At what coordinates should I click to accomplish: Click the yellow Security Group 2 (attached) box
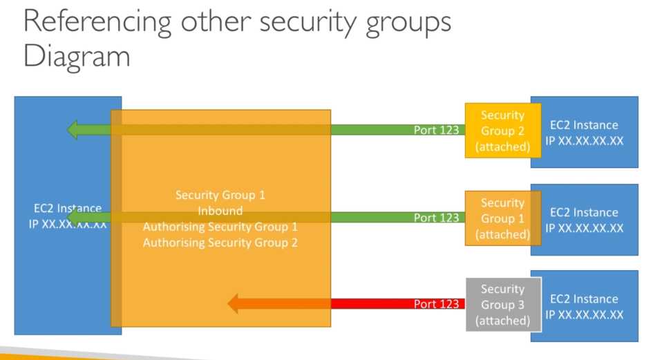pyautogui.click(x=503, y=131)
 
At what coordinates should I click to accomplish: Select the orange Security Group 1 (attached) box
pyautogui.click(x=503, y=218)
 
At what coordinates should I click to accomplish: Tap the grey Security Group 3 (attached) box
pyautogui.click(x=504, y=305)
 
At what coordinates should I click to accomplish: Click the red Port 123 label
pyautogui.click(x=436, y=303)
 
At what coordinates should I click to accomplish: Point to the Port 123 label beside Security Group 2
pyautogui.click(x=436, y=130)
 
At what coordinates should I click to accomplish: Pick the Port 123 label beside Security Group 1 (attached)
pyautogui.click(x=436, y=217)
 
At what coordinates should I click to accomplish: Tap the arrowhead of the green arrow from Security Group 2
pyautogui.click(x=72, y=130)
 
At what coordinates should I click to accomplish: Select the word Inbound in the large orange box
pyautogui.click(x=220, y=211)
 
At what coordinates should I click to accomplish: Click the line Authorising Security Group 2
pyautogui.click(x=220, y=243)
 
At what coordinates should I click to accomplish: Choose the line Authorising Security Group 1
pyautogui.click(x=220, y=227)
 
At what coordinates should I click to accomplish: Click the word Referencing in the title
pyautogui.click(x=97, y=22)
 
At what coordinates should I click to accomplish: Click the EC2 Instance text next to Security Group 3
pyautogui.click(x=584, y=299)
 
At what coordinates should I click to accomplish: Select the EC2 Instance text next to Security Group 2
pyautogui.click(x=584, y=125)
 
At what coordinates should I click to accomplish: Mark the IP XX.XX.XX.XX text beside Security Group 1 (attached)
pyautogui.click(x=585, y=228)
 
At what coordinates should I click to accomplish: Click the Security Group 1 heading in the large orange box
pyautogui.click(x=220, y=195)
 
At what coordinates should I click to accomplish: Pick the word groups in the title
pyautogui.click(x=408, y=23)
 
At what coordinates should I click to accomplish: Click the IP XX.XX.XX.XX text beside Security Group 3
pyautogui.click(x=585, y=314)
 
